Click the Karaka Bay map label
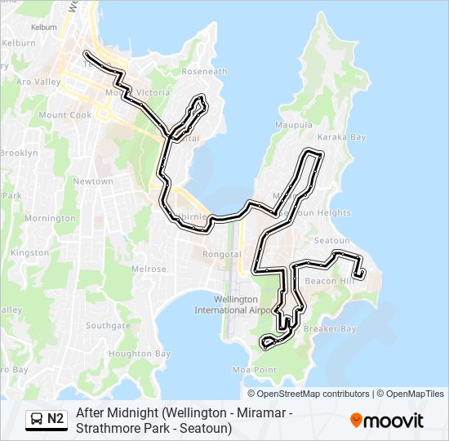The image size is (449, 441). pos(341,137)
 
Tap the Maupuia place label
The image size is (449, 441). pos(294,125)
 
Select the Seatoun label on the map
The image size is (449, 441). pos(331,241)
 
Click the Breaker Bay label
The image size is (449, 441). pos(330,329)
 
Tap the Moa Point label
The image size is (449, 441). pos(255,370)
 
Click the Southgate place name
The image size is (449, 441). pos(108,325)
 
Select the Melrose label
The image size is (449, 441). pos(149,269)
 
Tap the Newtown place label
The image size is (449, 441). pos(93,181)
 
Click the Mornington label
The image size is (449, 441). pos(50,219)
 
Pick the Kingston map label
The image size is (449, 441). pos(30,253)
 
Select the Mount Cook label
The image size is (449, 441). pos(64,115)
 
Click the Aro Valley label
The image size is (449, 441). pos(39,82)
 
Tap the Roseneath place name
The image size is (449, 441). pos(204,72)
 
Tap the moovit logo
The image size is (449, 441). pos(387,421)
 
